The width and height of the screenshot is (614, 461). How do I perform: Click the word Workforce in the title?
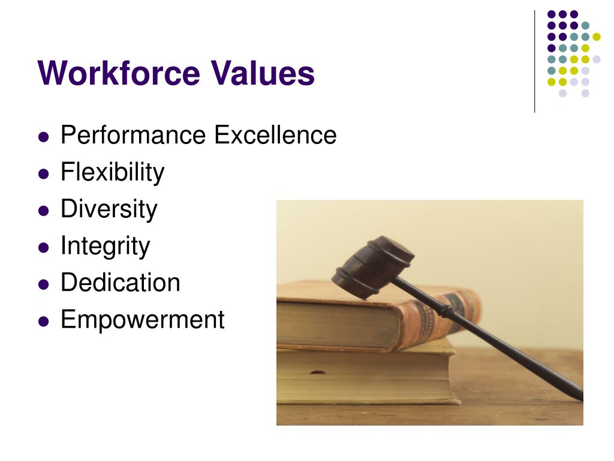coord(119,73)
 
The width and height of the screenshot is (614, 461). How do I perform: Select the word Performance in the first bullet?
coord(134,136)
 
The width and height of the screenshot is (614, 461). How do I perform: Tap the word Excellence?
coord(275,136)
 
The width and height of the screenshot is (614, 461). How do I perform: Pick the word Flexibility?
coord(112,173)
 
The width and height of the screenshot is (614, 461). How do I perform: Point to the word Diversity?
coord(109,209)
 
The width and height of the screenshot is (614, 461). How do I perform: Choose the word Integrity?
coord(105,246)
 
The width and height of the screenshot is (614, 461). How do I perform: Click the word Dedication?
coord(120,283)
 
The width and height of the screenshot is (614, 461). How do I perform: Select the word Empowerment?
coord(142,319)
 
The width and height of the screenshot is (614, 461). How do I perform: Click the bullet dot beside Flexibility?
coord(43,174)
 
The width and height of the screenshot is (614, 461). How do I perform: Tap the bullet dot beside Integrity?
coord(43,247)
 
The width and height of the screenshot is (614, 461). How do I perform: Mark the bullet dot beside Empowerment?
coord(43,321)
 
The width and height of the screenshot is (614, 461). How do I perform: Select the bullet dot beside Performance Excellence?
coord(43,137)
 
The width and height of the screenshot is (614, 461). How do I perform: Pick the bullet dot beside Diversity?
coord(43,211)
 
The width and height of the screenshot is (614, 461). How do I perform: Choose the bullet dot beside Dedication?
coord(43,284)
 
